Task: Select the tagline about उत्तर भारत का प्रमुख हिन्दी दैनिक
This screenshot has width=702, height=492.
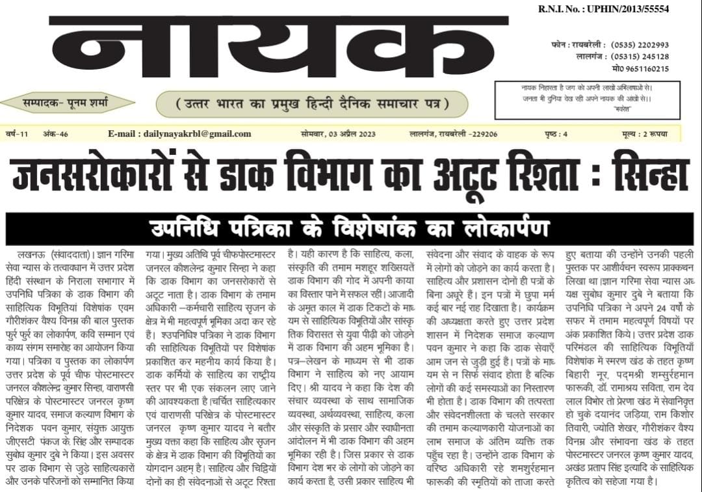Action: pyautogui.click(x=311, y=104)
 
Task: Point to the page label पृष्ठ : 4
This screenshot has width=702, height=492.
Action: pyautogui.click(x=556, y=134)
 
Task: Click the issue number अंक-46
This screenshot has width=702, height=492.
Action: pyautogui.click(x=56, y=134)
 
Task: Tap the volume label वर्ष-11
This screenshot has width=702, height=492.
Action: pyautogui.click(x=18, y=134)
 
